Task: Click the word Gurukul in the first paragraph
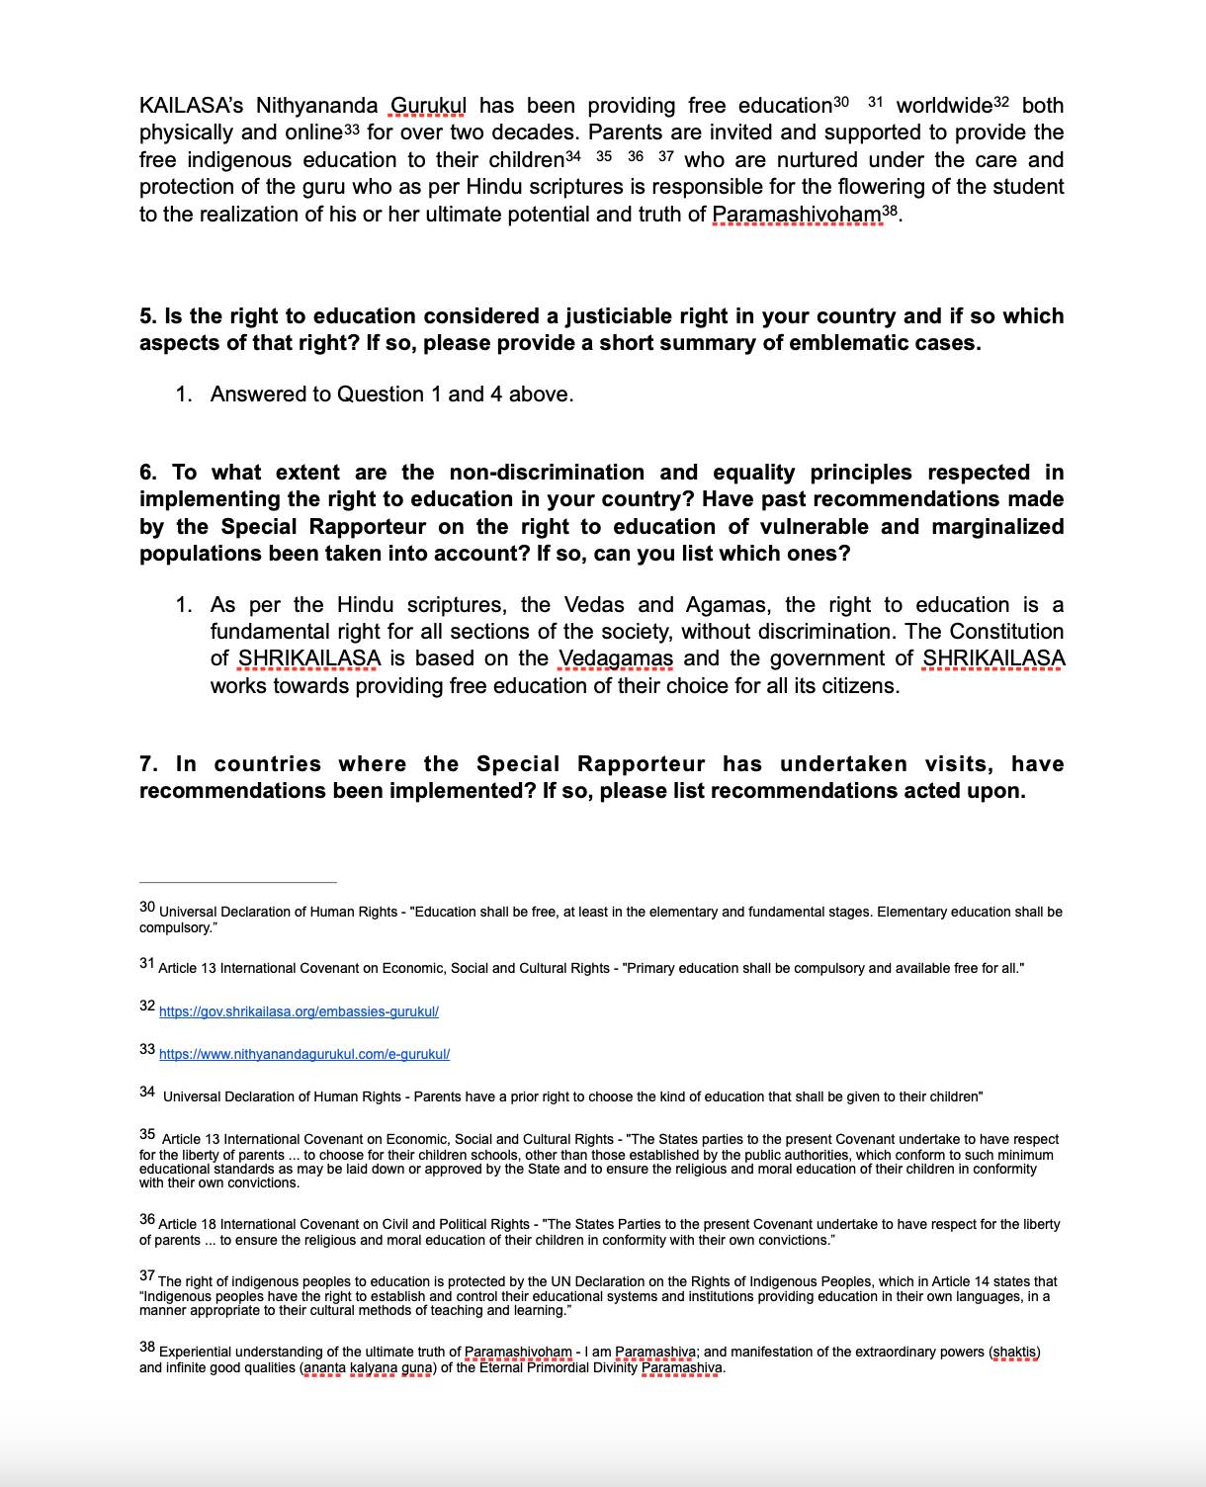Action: coord(429,106)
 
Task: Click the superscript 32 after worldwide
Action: coord(1001,102)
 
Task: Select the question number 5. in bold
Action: coord(148,316)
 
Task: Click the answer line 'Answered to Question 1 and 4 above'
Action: coord(391,394)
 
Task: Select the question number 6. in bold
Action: coord(148,473)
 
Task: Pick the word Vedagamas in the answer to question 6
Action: coord(616,658)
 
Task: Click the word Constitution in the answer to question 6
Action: coord(1006,632)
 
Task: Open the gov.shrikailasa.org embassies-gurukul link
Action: coord(299,1011)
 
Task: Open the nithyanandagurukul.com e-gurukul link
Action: coord(304,1054)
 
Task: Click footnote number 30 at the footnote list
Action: coord(147,907)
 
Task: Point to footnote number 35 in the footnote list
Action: coord(147,1135)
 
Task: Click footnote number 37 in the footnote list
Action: coord(147,1276)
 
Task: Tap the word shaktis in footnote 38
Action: coord(1015,1352)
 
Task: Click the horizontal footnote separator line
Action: coord(237,882)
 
